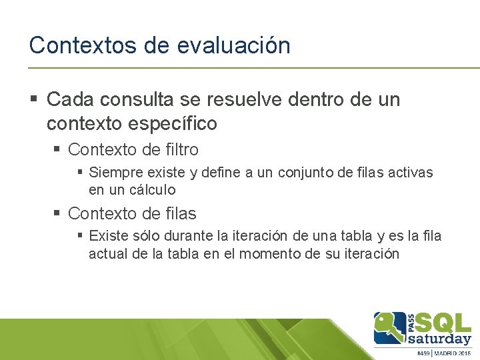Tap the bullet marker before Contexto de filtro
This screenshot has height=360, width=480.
tap(58, 149)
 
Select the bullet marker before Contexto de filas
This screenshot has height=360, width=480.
tap(58, 213)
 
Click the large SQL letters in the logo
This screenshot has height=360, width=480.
tap(445, 323)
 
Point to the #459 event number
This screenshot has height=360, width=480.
tap(424, 353)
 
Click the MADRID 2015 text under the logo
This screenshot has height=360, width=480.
tap(455, 353)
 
